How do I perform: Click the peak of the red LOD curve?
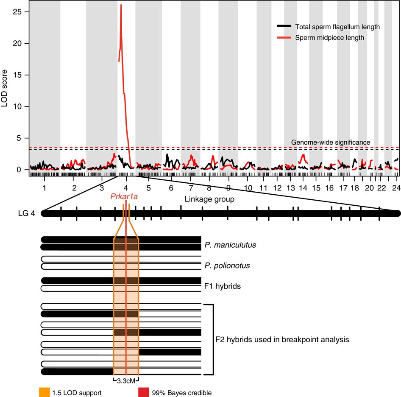click(121, 5)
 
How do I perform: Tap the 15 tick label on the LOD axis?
click(19, 75)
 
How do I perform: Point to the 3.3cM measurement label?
click(126, 380)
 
